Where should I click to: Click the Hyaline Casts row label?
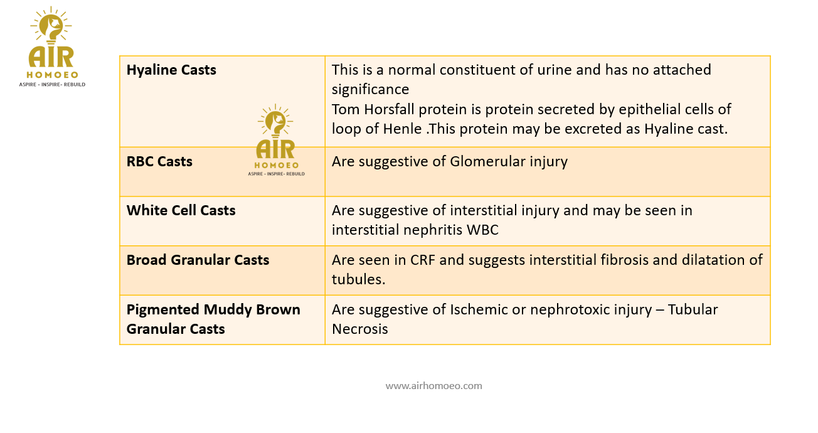point(171,70)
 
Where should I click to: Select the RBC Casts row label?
point(159,161)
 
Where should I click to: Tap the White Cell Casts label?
point(181,210)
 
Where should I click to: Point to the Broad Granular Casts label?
point(198,260)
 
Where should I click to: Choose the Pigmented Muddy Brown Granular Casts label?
point(213,319)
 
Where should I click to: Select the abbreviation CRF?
point(423,260)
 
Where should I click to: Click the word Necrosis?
point(359,329)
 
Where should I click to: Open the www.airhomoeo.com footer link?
point(434,386)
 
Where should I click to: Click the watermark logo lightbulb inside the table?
point(275,121)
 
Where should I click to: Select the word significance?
point(370,90)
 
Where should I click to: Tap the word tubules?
point(358,279)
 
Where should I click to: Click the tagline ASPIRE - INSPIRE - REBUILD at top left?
point(52,85)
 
